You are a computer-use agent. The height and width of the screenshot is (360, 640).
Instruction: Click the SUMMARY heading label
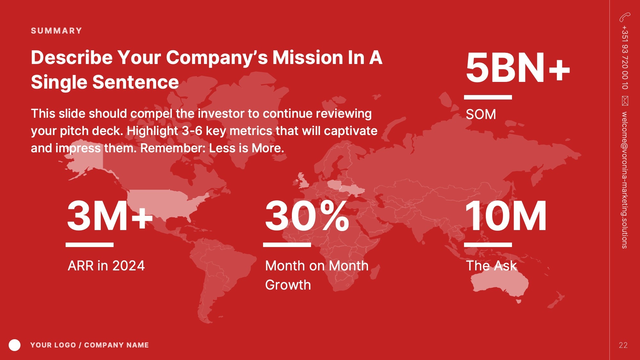56,31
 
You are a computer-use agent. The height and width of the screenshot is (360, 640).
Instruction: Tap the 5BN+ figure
518,68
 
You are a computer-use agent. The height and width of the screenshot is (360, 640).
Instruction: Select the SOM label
481,114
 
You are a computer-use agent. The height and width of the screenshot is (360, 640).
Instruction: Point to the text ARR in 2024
106,266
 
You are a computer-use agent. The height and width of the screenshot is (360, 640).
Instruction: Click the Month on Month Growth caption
317,275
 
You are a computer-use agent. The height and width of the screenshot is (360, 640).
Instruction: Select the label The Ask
492,266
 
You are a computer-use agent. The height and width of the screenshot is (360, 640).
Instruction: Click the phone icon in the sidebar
625,17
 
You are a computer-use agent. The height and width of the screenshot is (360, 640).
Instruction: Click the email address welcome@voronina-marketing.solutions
625,180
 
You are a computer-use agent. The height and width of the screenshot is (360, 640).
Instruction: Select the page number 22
623,345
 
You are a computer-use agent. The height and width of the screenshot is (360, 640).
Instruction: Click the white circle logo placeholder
14,345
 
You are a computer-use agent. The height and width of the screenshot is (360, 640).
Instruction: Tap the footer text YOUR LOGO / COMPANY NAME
90,345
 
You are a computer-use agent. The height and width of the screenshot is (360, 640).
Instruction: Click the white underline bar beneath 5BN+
488,97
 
